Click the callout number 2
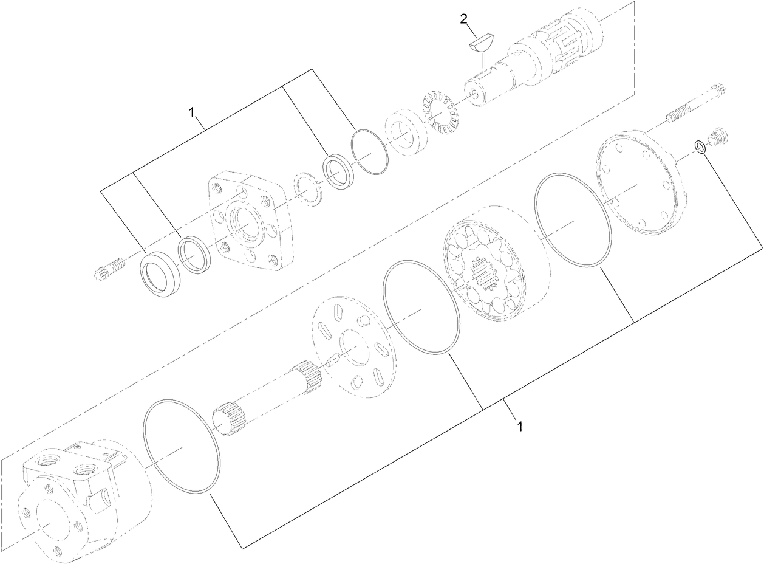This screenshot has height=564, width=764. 464,18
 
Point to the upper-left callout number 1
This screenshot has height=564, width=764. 191,112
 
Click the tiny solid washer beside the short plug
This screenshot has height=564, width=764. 700,146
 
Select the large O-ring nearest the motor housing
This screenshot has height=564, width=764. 181,447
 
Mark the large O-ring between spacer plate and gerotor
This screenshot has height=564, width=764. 421,308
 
